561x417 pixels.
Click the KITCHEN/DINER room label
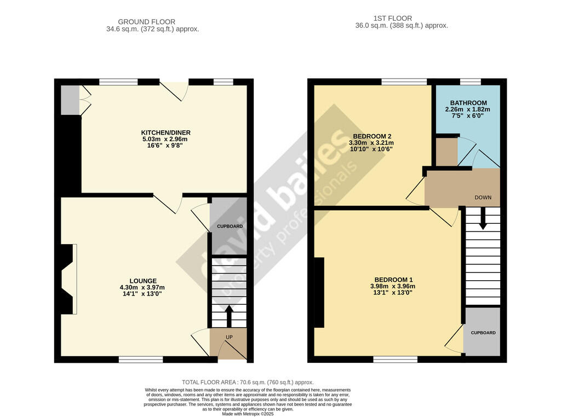(x=165, y=132)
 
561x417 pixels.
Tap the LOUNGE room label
(x=143, y=281)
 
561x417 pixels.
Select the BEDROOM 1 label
(x=393, y=280)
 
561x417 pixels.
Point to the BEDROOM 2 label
(x=372, y=136)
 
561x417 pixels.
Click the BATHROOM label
(x=468, y=103)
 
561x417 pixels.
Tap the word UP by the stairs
(x=229, y=337)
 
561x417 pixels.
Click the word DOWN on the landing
(x=483, y=198)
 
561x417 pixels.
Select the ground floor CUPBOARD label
(x=230, y=226)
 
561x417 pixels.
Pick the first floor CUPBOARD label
(x=483, y=333)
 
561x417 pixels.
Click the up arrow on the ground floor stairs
(x=229, y=316)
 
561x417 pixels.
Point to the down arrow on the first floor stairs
(x=483, y=218)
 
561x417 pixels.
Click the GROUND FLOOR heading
(x=147, y=22)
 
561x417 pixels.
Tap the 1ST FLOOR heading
(x=392, y=18)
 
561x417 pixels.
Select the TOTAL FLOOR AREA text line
(x=248, y=383)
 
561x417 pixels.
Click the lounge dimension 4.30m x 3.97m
(x=142, y=287)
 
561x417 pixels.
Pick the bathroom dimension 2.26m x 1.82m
(x=468, y=109)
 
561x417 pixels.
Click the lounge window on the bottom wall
(x=141, y=360)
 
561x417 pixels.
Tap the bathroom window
(x=471, y=82)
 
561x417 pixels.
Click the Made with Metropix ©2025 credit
(x=248, y=414)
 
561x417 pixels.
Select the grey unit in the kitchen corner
(x=70, y=100)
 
